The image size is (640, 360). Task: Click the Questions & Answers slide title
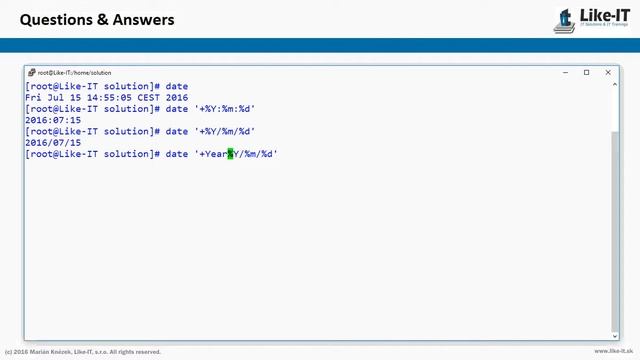click(97, 20)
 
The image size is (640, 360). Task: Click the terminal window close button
click(607, 72)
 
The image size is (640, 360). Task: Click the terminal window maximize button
click(586, 72)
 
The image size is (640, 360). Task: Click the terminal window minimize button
click(565, 72)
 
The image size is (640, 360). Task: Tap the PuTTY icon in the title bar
click(32, 72)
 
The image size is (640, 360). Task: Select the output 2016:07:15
click(53, 120)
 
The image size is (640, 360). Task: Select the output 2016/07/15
click(53, 143)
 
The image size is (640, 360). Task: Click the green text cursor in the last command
click(230, 154)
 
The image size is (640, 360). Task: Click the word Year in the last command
click(216, 154)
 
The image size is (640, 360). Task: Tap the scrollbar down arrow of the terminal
click(615, 335)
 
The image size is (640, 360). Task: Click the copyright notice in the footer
click(83, 352)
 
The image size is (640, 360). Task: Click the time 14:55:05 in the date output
click(108, 98)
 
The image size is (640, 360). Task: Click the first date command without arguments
click(177, 87)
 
